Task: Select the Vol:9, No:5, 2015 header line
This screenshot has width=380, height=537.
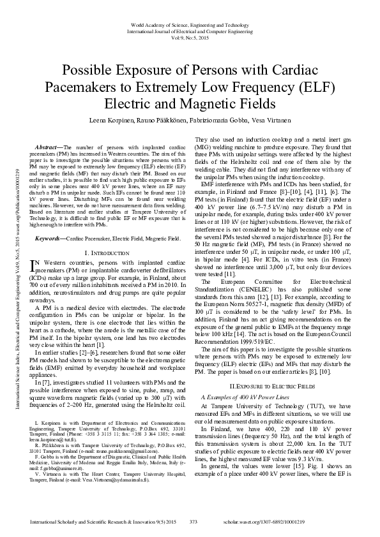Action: point(190,38)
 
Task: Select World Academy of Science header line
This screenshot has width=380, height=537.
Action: point(190,23)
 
